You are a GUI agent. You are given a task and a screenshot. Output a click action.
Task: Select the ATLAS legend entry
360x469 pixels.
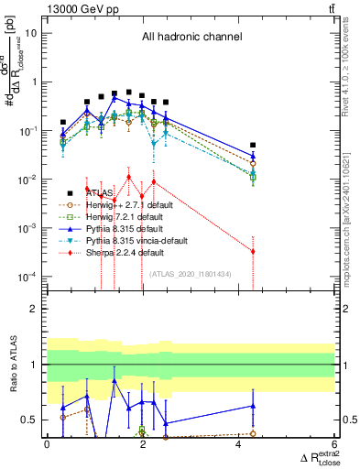click(100, 193)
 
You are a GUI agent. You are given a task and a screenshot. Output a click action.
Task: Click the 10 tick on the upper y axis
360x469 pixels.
click(33, 33)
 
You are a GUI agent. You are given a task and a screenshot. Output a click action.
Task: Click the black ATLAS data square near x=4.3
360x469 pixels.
click(253, 145)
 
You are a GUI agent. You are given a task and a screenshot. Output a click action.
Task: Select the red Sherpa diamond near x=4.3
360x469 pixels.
click(253, 251)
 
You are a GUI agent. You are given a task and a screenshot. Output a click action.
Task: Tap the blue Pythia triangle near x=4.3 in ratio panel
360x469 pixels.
click(253, 406)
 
